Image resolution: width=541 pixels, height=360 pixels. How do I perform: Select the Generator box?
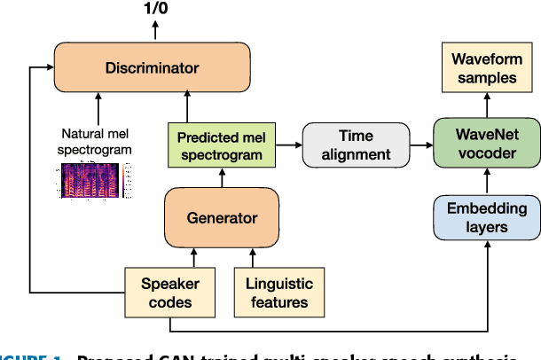tap(209, 217)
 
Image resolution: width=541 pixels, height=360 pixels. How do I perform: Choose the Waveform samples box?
tap(484, 69)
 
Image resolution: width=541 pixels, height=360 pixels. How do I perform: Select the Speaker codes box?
tap(169, 293)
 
